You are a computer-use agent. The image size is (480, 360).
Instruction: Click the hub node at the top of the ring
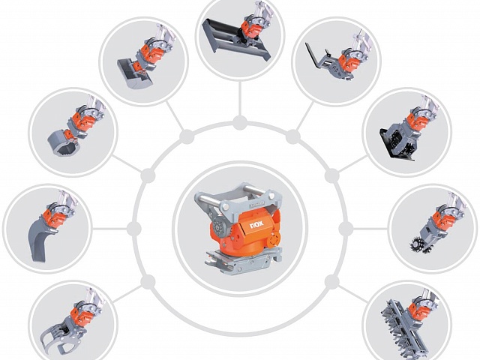[240, 123]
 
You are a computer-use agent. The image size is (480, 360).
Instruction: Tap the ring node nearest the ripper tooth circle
[133, 229]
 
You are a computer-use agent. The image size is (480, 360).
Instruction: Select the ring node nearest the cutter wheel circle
[346, 229]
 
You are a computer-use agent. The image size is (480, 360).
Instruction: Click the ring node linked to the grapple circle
[148, 282]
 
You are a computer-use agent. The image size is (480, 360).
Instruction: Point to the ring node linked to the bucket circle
[187, 136]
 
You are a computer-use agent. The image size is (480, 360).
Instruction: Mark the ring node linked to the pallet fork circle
[293, 136]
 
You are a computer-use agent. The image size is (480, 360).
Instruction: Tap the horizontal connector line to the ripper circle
[109, 229]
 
